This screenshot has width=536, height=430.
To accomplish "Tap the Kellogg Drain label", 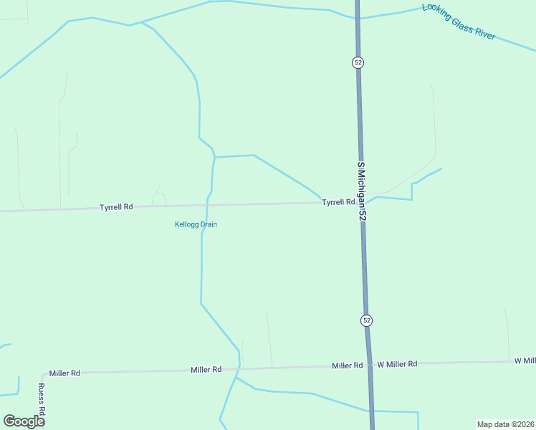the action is (x=196, y=224).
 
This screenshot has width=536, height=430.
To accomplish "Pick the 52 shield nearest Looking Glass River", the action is (x=358, y=62).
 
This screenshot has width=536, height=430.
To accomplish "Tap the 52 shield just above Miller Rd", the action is (x=366, y=320).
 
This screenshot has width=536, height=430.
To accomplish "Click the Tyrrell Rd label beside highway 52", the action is (x=338, y=202).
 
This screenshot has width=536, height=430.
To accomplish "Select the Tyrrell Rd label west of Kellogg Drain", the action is (x=116, y=207).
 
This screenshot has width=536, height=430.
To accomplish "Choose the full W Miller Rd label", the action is (x=397, y=364).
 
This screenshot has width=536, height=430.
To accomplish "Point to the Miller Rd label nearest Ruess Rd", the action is (x=64, y=373).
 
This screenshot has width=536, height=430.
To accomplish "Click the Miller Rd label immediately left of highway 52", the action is (x=347, y=365).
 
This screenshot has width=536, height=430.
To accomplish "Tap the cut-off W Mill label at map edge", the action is (x=525, y=360).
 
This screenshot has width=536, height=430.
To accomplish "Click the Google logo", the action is (x=24, y=421).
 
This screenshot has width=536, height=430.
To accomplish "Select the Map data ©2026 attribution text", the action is (x=505, y=424).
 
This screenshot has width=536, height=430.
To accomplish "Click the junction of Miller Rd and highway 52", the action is (x=369, y=365).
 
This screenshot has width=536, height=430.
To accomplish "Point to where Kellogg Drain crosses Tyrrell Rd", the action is (x=207, y=205).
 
